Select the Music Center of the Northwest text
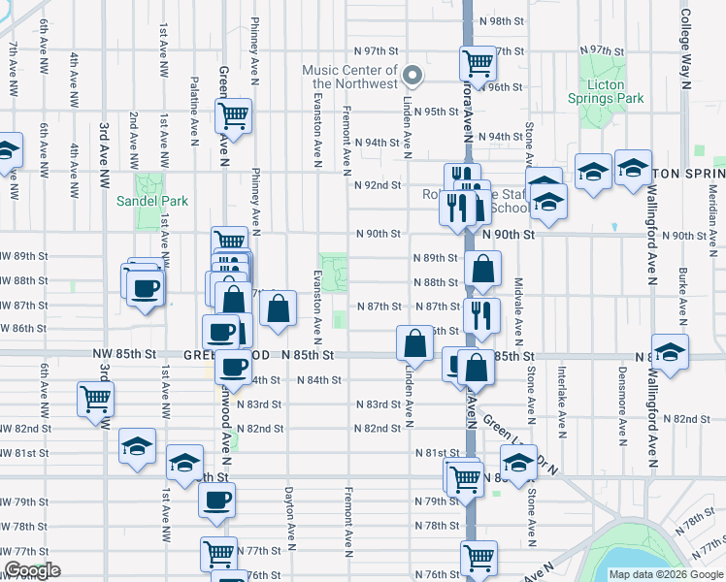(349, 77)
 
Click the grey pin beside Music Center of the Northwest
(412, 75)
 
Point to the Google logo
(32, 571)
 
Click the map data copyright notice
(666, 574)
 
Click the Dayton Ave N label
(290, 513)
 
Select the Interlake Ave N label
(562, 394)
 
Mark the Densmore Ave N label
(622, 394)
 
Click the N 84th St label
(316, 379)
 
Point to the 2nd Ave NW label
(133, 136)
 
